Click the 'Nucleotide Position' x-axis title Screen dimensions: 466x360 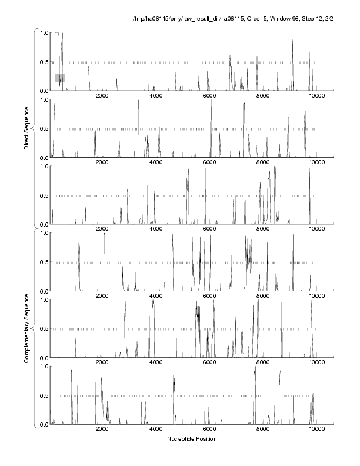[x=192, y=439]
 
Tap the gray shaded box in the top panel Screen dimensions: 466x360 [x=59, y=78]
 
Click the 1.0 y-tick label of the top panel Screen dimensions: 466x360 [x=44, y=33]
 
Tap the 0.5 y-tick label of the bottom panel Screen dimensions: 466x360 [x=44, y=395]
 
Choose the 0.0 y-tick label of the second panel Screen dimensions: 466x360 [x=44, y=158]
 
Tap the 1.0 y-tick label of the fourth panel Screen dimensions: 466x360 [x=44, y=234]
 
